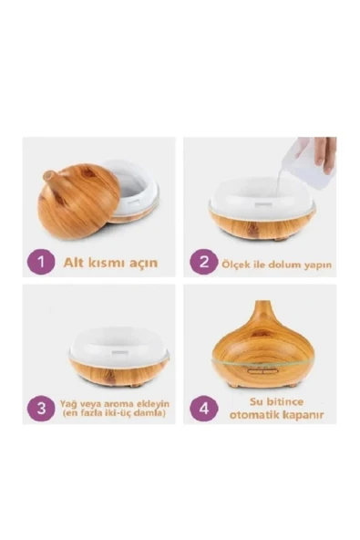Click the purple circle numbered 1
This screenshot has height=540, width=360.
click(x=41, y=262)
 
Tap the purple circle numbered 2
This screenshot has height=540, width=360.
click(x=204, y=262)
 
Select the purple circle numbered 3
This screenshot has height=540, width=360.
click(x=41, y=409)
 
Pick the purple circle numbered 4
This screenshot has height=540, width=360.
click(x=204, y=409)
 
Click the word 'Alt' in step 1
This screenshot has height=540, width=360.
click(x=73, y=263)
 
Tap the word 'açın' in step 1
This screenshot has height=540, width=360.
click(x=143, y=264)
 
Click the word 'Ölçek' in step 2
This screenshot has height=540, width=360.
click(x=233, y=265)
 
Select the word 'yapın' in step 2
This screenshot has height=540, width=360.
click(x=318, y=265)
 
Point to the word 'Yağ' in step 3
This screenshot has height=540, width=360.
click(x=67, y=403)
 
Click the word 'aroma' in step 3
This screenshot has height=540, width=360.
click(x=113, y=403)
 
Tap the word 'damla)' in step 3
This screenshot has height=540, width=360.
click(x=150, y=412)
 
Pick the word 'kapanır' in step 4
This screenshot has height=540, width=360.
click(x=303, y=415)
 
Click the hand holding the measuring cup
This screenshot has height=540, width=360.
click(x=325, y=154)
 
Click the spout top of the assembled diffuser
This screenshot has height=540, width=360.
click(x=260, y=303)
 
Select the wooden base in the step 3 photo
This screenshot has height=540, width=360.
click(x=118, y=372)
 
